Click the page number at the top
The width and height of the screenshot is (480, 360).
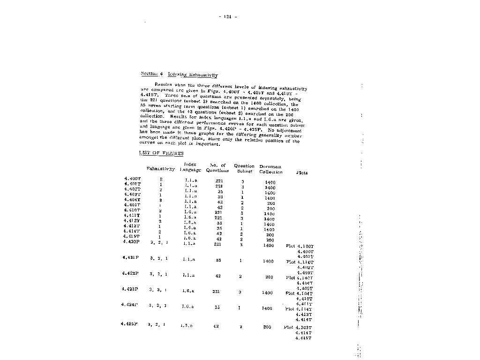[x=228, y=17]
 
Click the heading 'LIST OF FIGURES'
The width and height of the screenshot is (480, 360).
[x=161, y=153]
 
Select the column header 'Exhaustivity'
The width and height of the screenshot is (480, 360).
[x=161, y=169]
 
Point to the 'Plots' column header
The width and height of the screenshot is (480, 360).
[x=302, y=172]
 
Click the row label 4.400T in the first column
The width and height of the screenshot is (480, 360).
[x=133, y=179]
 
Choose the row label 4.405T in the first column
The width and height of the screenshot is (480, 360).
[x=133, y=205]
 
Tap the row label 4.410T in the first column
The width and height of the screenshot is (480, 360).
[x=133, y=210]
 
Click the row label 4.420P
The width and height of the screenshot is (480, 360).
[x=131, y=242]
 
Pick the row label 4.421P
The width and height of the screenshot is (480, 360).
[x=130, y=257]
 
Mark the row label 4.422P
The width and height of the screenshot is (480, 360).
[x=129, y=273]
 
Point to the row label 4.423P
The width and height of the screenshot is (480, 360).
[x=129, y=289]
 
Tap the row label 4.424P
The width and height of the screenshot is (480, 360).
[x=129, y=305]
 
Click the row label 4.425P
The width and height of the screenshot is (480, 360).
[x=128, y=324]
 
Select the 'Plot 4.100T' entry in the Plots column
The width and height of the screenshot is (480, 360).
[x=300, y=246]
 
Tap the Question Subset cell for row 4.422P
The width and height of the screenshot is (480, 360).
[x=240, y=277]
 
